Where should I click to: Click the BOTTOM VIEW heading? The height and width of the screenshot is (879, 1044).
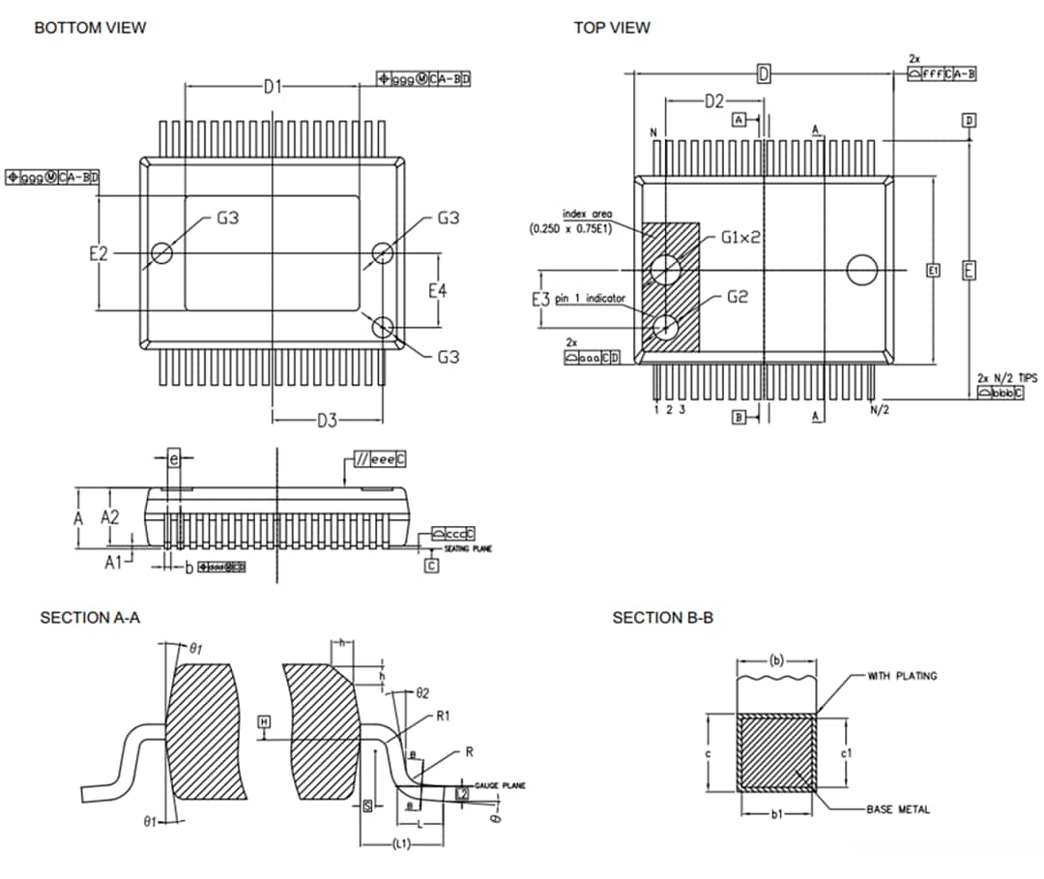point(90,28)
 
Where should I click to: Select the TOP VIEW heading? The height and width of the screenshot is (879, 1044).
point(612,28)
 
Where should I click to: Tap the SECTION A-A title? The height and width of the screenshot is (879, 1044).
point(90,618)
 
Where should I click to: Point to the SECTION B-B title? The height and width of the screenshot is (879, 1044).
point(663,618)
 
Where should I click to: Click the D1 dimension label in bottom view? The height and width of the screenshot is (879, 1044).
point(274,87)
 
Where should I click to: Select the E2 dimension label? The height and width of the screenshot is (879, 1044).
point(99,254)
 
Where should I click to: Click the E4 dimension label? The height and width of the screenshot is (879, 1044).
point(438,291)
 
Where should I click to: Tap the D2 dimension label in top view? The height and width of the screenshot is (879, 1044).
point(713,102)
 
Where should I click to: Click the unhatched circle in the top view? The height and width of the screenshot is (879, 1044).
point(861,269)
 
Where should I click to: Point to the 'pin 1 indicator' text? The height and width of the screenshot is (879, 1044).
point(591,299)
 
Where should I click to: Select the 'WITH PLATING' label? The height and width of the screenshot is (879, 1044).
point(901,676)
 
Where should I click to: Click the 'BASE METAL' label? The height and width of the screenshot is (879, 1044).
point(898,809)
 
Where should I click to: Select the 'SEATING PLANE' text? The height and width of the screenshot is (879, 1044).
point(468,548)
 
